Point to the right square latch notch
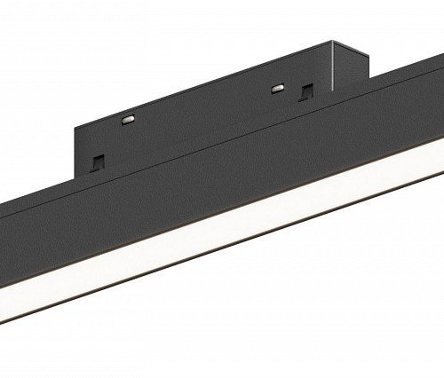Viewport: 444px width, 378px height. (x=305, y=90)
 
